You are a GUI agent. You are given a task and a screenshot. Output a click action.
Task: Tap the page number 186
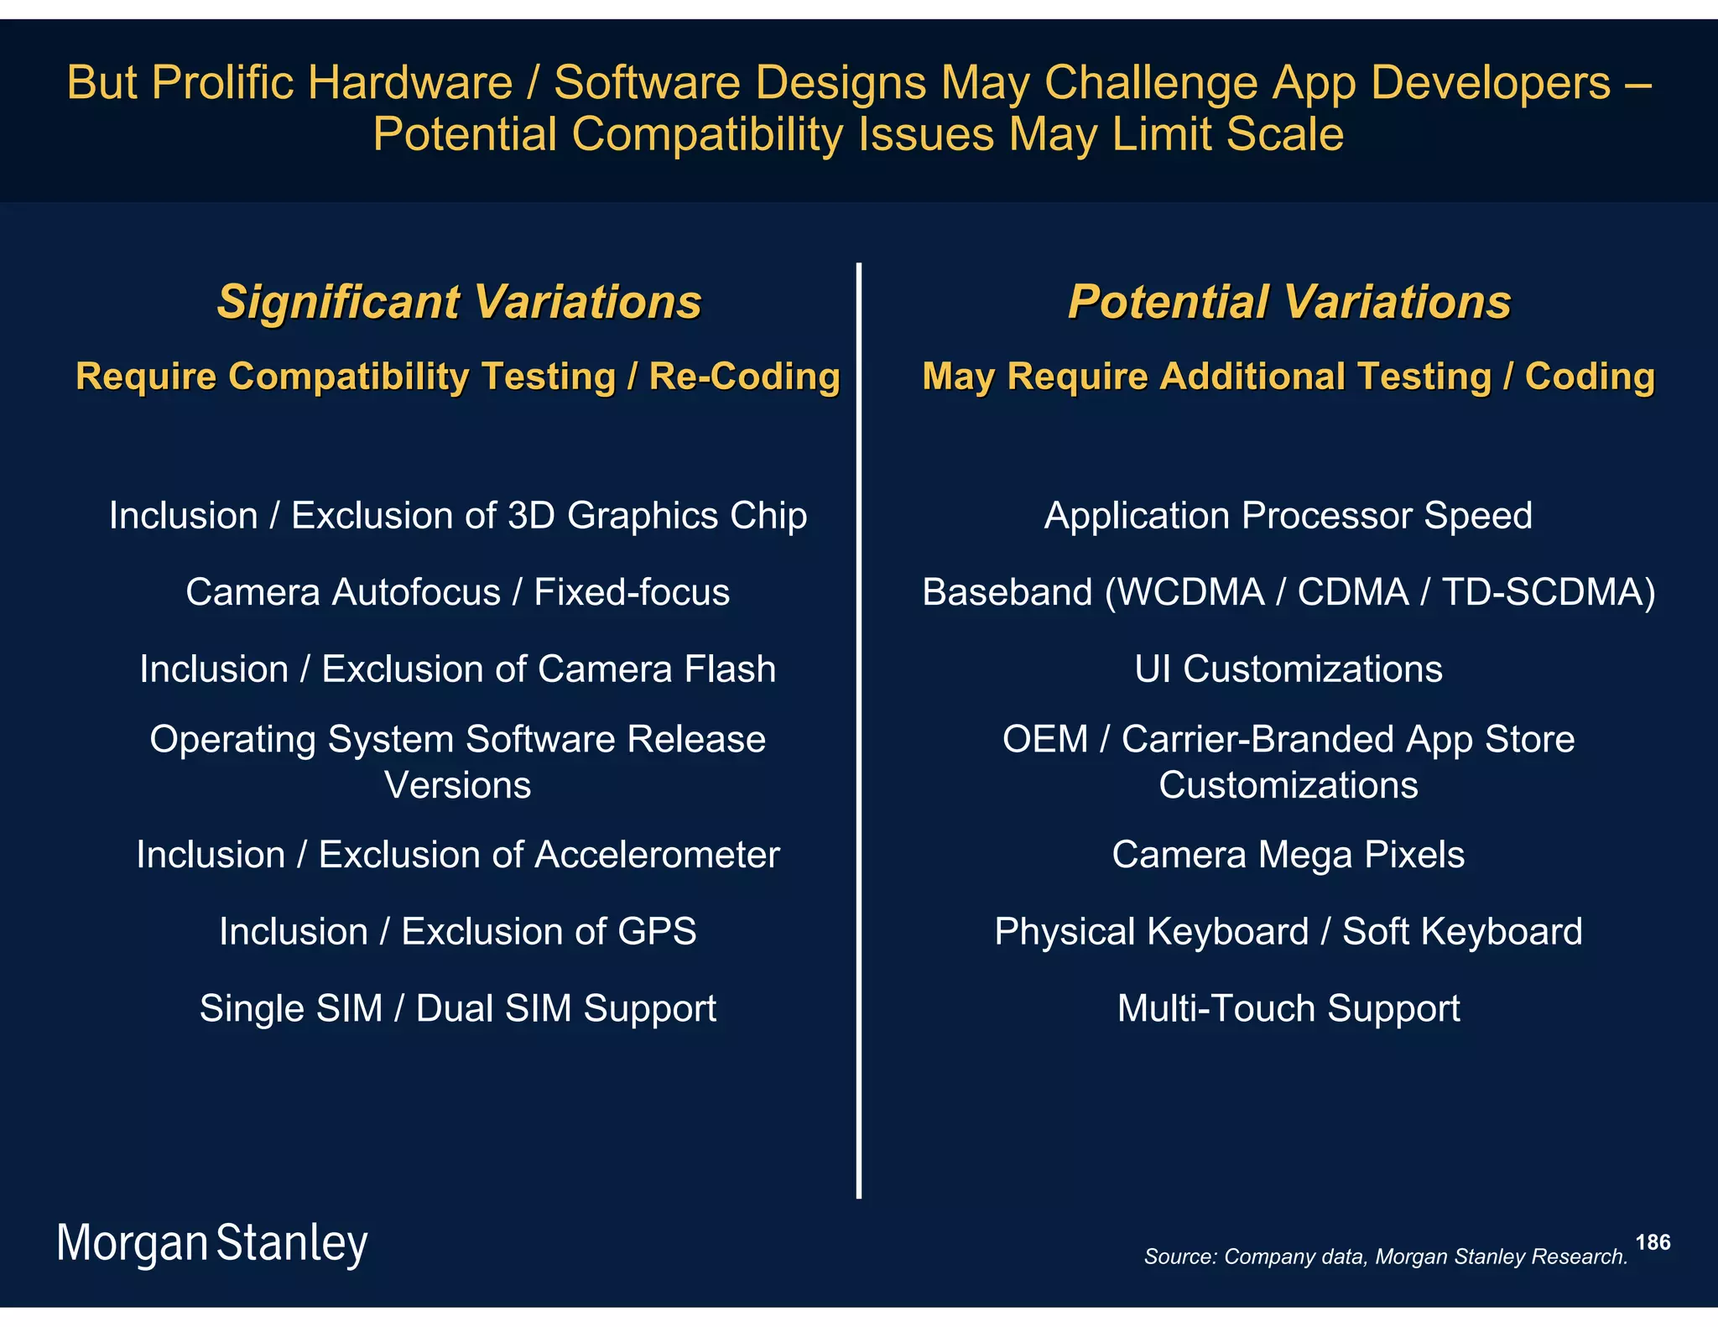coord(1652,1242)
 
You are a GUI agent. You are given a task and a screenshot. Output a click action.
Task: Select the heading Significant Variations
coord(459,302)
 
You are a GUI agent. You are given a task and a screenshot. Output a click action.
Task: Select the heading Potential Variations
coord(1288,302)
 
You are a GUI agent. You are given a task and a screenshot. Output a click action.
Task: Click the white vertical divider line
coord(859,730)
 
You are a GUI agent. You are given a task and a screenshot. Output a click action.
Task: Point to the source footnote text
coord(1385,1257)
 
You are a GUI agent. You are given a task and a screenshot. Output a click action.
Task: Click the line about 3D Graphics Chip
coord(458,515)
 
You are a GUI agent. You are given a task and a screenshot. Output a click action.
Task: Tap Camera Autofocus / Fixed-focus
coord(458,592)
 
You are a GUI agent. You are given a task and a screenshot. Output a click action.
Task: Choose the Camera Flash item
coord(458,669)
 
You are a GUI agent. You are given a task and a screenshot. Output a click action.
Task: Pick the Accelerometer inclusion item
coord(458,855)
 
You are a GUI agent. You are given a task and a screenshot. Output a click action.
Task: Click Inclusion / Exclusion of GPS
coord(458,932)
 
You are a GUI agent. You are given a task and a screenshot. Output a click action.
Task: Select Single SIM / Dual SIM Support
coord(458,1008)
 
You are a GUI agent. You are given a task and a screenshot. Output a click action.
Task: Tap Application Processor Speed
coord(1288,515)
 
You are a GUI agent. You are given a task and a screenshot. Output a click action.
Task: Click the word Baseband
coord(1007,592)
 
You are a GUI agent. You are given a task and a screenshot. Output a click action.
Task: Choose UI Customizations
coord(1288,669)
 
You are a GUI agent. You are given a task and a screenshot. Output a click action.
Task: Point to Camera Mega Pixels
coord(1288,855)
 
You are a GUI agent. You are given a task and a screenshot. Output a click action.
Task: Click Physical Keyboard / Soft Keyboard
coord(1288,932)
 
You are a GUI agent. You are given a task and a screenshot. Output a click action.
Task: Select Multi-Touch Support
coord(1288,1008)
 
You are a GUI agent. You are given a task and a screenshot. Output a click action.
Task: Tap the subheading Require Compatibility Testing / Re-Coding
coord(458,377)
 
